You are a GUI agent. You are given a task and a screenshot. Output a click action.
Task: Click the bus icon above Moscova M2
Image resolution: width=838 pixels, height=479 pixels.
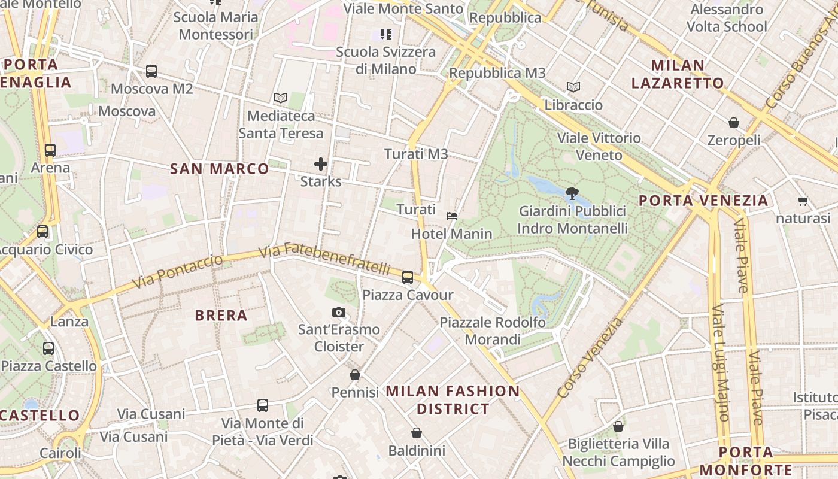[151, 71]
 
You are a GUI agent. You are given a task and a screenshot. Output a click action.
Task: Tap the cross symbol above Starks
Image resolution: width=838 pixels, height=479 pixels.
[321, 163]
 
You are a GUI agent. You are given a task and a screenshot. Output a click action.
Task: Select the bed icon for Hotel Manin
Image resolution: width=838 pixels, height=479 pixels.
[452, 216]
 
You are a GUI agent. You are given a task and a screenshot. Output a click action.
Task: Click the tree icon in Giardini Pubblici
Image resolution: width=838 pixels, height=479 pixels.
[572, 193]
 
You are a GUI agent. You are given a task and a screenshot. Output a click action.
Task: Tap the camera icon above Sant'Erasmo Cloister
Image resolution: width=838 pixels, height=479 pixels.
[339, 312]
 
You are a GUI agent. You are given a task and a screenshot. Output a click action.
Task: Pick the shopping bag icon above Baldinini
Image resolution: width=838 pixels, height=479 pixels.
[417, 433]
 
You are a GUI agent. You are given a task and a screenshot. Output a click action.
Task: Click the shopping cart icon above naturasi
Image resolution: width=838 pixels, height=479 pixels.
[803, 201]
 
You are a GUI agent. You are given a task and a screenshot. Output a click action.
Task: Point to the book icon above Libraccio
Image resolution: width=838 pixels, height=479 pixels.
[573, 87]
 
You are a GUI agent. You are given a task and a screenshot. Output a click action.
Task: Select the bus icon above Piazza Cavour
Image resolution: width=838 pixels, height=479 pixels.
[408, 277]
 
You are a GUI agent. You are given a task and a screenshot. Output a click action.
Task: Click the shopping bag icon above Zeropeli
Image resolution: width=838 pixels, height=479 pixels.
[734, 123]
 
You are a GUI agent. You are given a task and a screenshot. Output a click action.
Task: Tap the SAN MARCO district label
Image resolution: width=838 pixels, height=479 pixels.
[220, 169]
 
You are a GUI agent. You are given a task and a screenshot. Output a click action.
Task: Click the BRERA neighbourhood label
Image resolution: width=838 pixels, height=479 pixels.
[221, 316]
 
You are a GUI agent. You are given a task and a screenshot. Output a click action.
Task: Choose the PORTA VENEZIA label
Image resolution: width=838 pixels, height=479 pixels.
[703, 201]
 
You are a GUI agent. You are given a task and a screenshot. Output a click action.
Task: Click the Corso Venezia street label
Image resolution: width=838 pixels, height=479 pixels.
[590, 358]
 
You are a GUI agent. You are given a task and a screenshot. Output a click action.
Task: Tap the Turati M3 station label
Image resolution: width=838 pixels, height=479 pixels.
[416, 154]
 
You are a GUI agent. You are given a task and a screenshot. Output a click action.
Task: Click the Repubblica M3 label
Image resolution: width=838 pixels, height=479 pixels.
[497, 73]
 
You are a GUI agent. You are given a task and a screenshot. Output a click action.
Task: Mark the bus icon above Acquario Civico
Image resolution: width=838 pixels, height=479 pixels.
[42, 232]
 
